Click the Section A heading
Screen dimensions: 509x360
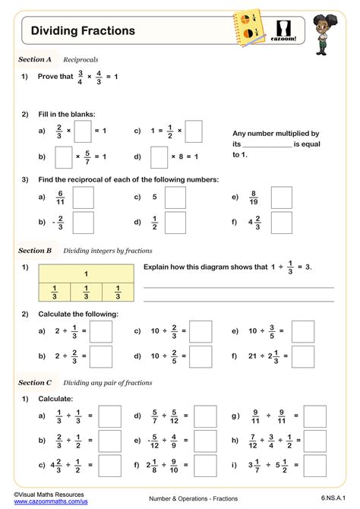coord(35,58)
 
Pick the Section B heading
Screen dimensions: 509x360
coord(35,250)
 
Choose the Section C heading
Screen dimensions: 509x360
coord(35,383)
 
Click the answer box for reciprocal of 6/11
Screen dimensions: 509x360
coord(83,198)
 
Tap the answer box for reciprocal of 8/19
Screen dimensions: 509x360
coord(283,198)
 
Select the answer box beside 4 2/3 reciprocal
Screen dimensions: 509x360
coord(283,223)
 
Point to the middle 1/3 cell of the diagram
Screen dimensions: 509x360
coord(86,292)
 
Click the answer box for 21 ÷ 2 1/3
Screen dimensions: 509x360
coord(303,356)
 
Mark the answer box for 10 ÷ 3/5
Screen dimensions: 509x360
coord(303,331)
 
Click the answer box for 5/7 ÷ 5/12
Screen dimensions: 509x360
coord(204,416)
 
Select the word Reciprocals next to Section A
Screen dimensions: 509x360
coord(81,58)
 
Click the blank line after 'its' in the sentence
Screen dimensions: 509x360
coord(267,144)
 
